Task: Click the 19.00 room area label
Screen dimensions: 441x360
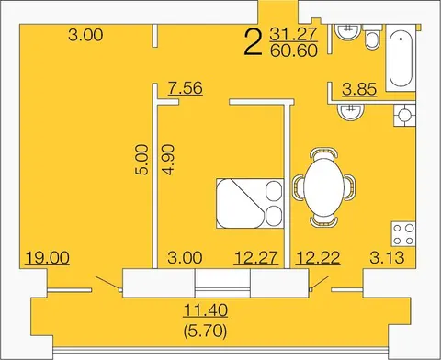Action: point(48,257)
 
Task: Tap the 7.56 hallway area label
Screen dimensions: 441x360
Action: point(186,88)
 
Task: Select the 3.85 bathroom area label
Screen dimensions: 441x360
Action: point(359,89)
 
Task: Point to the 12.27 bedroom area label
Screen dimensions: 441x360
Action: point(256,257)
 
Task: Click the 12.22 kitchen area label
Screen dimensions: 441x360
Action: point(318,257)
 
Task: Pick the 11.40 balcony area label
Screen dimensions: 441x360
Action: point(206,310)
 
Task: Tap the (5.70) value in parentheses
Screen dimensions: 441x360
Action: point(206,331)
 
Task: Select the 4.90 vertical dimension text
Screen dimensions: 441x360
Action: point(169,160)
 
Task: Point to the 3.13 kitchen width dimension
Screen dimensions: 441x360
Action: point(387,257)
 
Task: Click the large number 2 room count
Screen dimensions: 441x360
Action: point(254,43)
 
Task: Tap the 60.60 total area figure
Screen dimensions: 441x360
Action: point(294,51)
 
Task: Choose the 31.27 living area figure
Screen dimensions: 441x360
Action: point(294,34)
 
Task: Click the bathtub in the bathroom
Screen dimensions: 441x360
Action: point(401,58)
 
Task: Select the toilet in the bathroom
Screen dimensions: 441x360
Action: point(372,37)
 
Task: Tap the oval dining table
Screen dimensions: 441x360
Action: point(324,187)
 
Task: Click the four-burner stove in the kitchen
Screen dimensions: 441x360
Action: point(403,234)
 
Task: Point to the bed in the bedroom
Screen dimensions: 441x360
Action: point(250,204)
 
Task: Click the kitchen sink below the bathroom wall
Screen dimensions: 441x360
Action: point(351,112)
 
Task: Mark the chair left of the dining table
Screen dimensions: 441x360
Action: point(299,187)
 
